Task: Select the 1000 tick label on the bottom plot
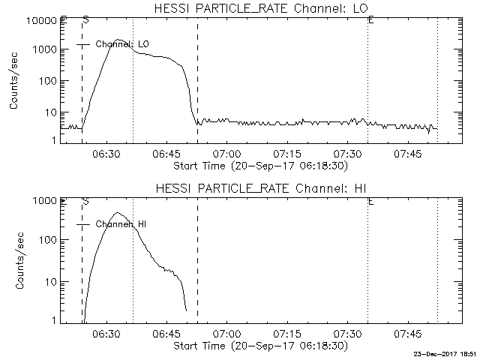tap(44, 201)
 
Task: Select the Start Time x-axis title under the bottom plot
tap(259, 346)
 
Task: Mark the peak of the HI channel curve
tap(118, 213)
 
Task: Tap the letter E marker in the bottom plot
tap(371, 201)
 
